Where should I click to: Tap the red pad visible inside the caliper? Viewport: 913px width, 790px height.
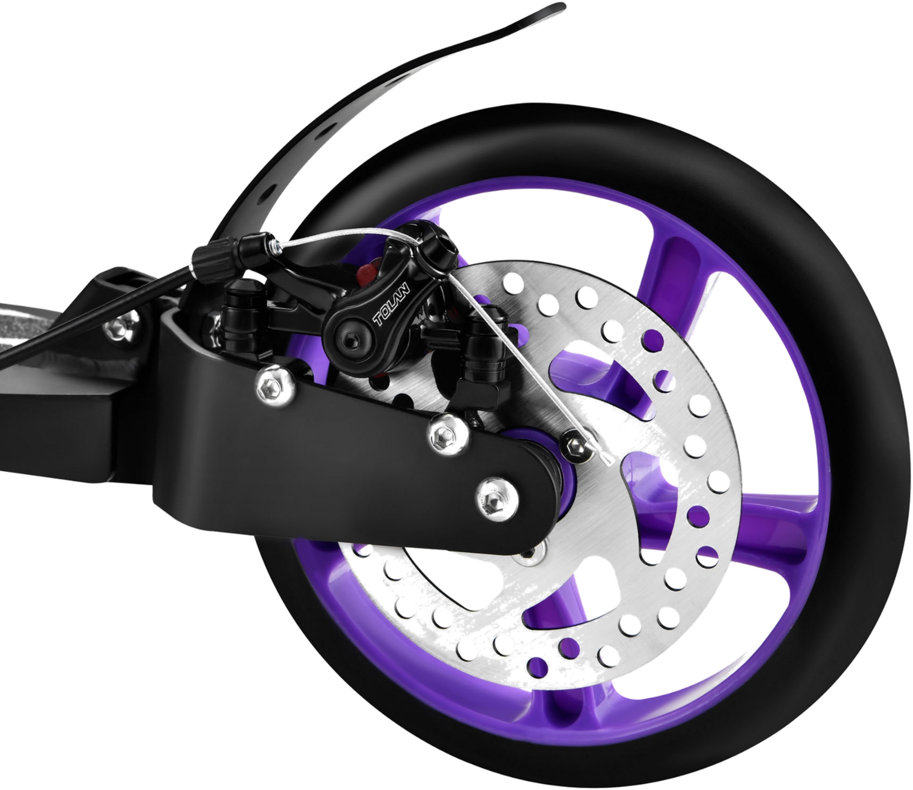pos(368,270)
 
